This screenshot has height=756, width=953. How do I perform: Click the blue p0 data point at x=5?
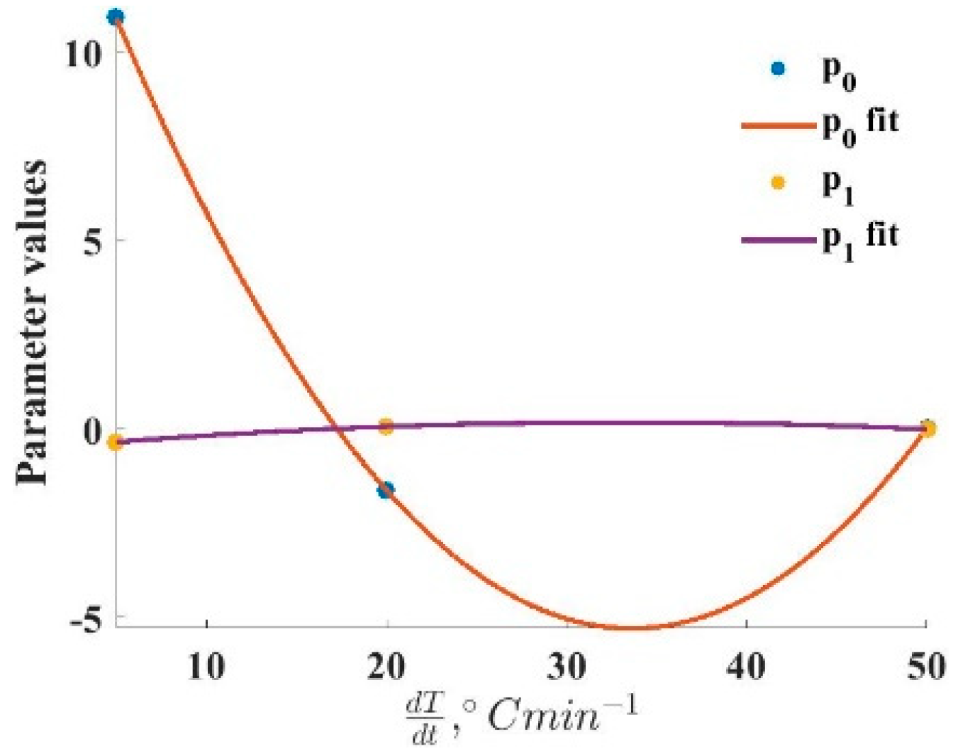(116, 16)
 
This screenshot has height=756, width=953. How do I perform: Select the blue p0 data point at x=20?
(386, 490)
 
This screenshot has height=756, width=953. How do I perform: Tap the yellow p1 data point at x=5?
(115, 443)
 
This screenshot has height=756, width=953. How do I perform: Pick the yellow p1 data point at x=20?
(386, 426)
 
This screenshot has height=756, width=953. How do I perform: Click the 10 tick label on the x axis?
(206, 667)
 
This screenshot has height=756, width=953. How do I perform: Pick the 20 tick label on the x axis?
(387, 667)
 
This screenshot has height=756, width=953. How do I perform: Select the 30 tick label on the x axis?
(567, 667)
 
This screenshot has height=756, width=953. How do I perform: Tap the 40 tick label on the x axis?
(747, 667)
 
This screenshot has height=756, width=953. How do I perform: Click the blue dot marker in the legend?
(779, 69)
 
